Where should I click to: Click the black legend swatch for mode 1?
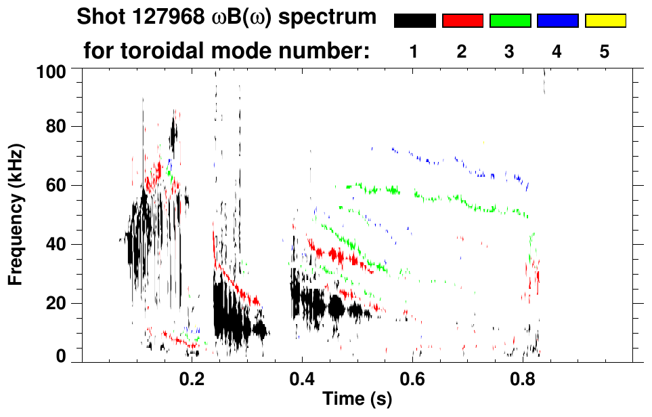(x=415, y=21)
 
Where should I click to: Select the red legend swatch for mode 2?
(x=462, y=21)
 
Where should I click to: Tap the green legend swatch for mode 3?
(x=510, y=21)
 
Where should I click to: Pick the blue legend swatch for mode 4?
(x=557, y=21)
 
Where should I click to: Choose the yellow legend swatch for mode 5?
(x=605, y=21)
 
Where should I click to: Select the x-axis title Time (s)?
(x=357, y=399)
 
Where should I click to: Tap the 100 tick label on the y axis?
(x=51, y=71)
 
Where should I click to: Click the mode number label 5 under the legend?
(x=605, y=52)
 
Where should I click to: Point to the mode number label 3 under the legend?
(x=509, y=52)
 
